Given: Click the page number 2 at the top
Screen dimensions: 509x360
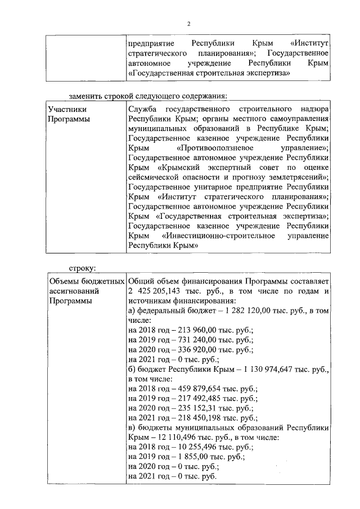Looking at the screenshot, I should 189,23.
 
